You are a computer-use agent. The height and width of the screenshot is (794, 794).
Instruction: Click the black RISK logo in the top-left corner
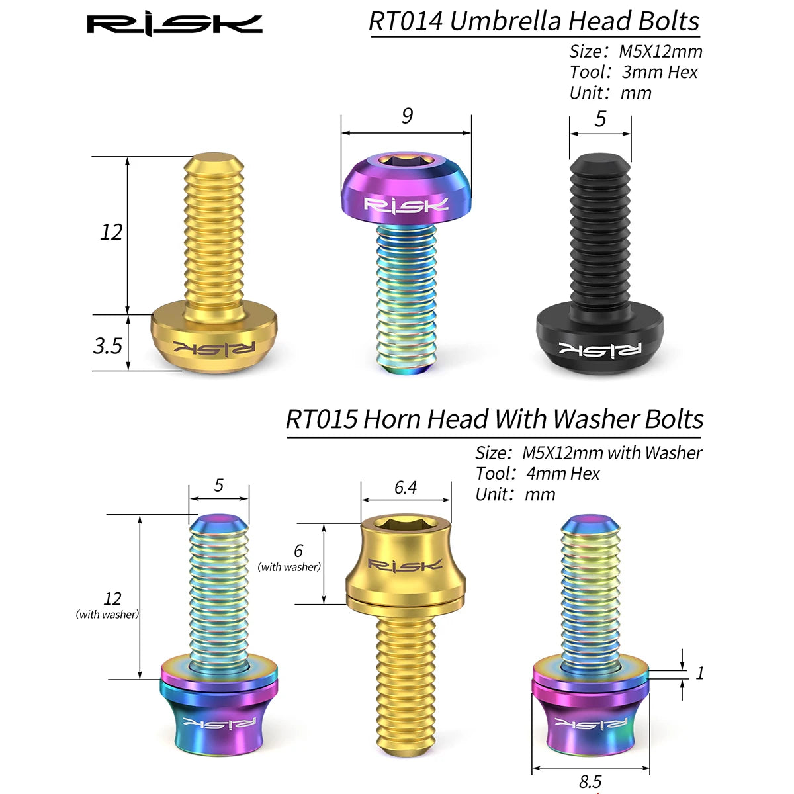(175, 24)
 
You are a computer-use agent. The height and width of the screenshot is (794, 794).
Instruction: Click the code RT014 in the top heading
(406, 21)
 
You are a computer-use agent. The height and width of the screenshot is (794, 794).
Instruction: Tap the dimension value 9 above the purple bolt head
(407, 116)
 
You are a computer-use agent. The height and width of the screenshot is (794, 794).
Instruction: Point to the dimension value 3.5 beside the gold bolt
(108, 345)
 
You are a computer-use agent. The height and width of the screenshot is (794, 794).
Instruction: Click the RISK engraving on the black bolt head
(600, 349)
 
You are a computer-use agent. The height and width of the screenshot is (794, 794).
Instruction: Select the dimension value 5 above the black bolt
(600, 118)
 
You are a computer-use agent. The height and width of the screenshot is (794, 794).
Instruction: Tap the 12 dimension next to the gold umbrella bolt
(111, 232)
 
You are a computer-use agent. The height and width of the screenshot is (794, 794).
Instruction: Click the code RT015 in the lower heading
(322, 419)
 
